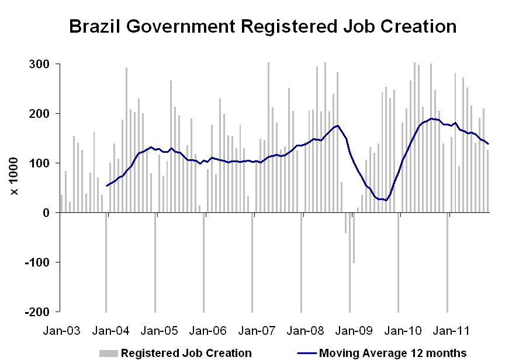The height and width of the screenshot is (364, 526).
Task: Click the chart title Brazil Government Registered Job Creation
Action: (262, 26)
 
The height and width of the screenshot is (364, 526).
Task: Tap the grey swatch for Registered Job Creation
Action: (109, 353)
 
